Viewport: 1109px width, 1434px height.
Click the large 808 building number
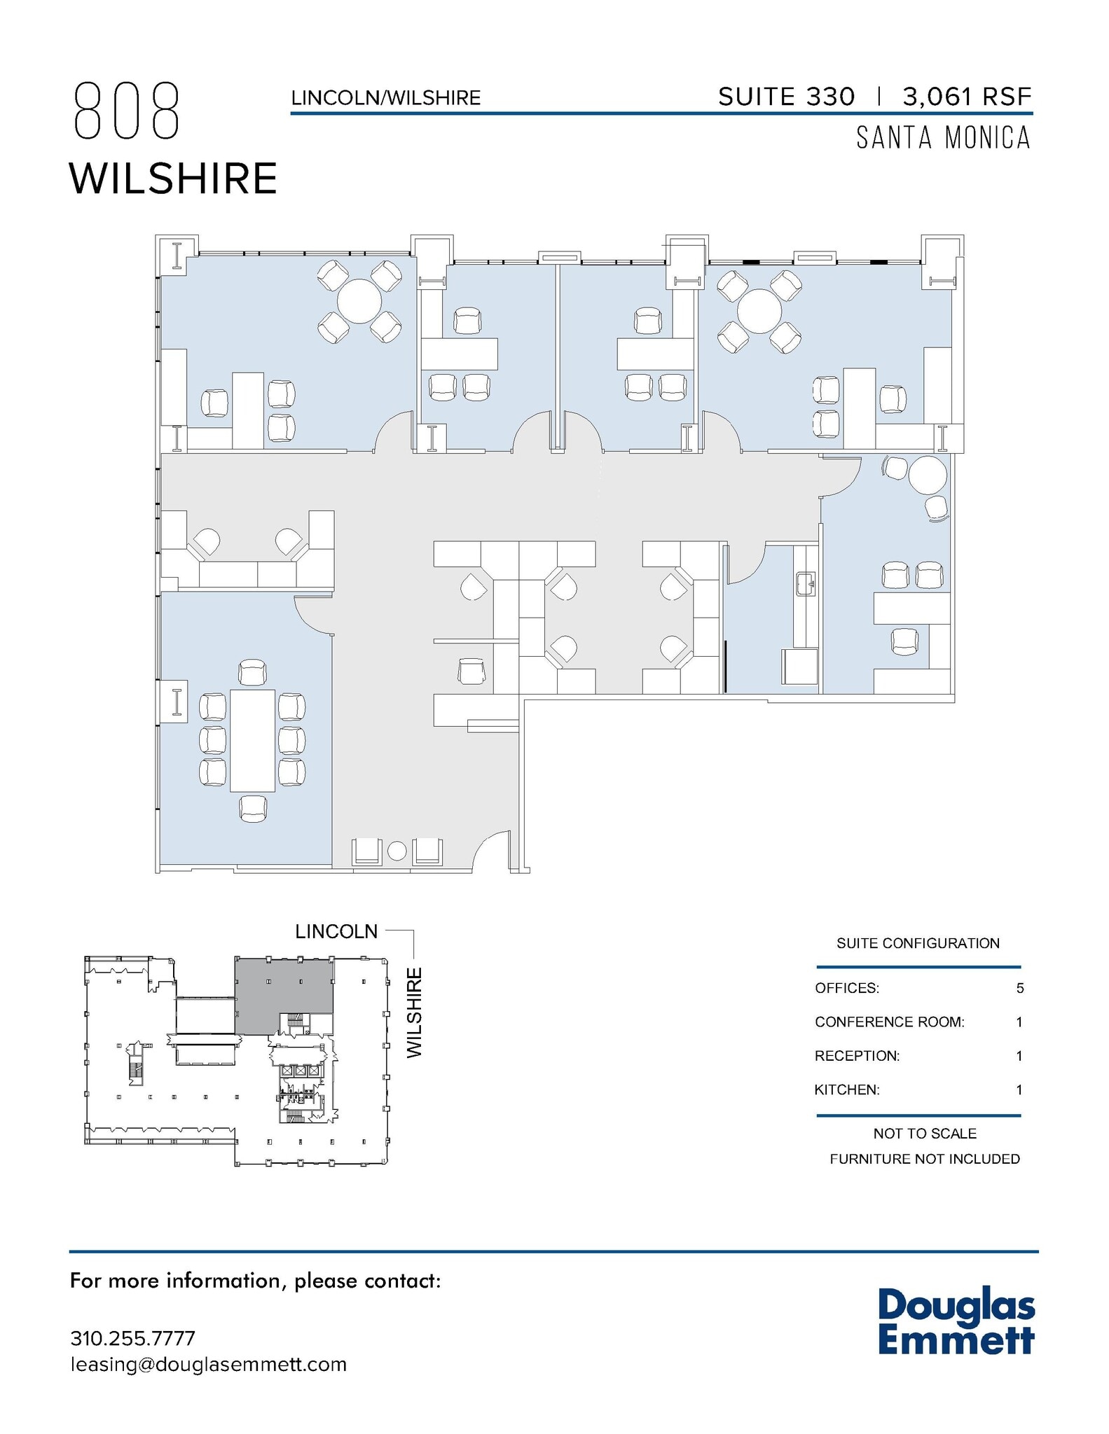tap(127, 111)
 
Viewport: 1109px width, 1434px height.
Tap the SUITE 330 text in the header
tap(786, 97)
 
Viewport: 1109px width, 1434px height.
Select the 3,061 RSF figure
tap(966, 97)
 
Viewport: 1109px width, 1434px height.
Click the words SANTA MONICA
tap(943, 138)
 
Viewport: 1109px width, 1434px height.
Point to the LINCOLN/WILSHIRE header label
tap(386, 98)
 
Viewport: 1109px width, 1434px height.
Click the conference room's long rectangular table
tap(252, 740)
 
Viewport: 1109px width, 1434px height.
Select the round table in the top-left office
tap(359, 301)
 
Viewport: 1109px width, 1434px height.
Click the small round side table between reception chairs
tap(397, 851)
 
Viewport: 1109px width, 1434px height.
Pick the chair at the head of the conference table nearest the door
tap(252, 672)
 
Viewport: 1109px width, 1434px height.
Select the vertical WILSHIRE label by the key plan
tap(415, 1012)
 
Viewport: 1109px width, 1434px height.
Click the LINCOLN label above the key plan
tap(336, 932)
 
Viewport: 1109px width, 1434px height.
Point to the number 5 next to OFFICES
tap(1019, 988)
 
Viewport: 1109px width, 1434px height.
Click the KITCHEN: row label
tap(846, 1090)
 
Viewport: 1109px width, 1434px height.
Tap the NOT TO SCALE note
tap(924, 1133)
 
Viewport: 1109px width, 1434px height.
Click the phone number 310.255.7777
tap(132, 1338)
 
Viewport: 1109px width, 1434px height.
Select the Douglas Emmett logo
tap(956, 1321)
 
